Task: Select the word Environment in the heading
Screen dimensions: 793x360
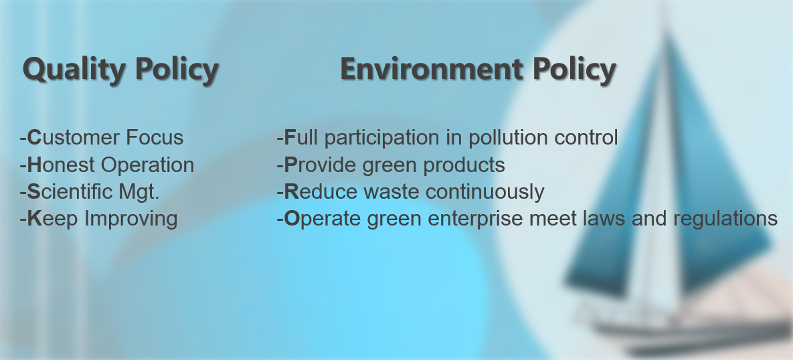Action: (x=432, y=69)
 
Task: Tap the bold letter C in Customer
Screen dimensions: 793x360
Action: (x=34, y=138)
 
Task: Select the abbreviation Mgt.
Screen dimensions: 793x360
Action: (x=139, y=192)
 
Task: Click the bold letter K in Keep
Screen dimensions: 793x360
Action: (x=34, y=219)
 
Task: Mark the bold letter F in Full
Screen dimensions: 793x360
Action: (x=290, y=138)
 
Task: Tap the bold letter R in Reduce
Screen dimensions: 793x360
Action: (x=291, y=192)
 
